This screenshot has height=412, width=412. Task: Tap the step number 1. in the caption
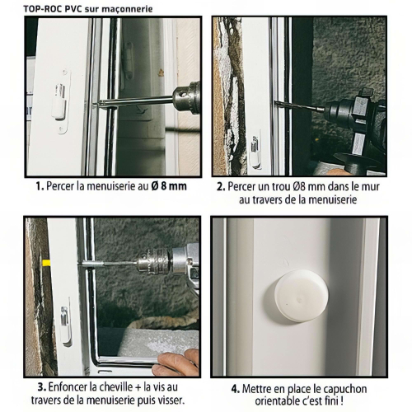tap(40, 188)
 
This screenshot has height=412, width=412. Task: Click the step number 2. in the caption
tap(221, 188)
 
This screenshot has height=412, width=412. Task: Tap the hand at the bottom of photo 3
tap(179, 363)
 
